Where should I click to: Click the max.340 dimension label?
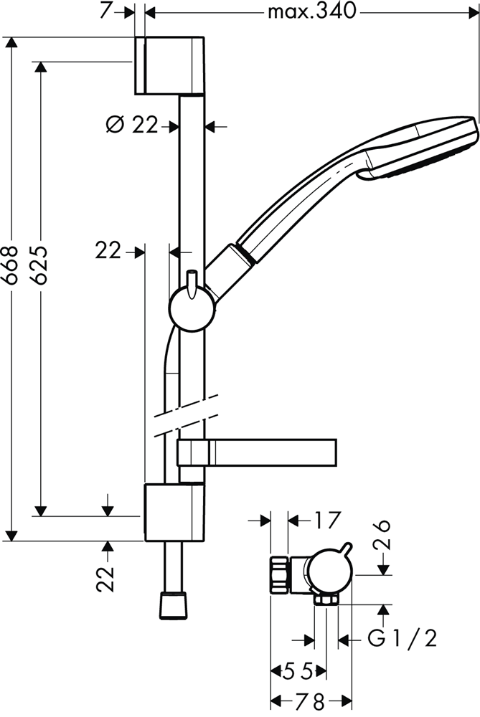tap(311, 11)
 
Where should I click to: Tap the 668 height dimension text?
tap(10, 266)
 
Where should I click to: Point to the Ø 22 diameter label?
tap(132, 124)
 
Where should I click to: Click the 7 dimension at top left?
tap(105, 11)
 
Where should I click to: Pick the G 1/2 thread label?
tap(403, 638)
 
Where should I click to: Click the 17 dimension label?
tap(327, 520)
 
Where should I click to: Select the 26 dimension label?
tap(382, 535)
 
